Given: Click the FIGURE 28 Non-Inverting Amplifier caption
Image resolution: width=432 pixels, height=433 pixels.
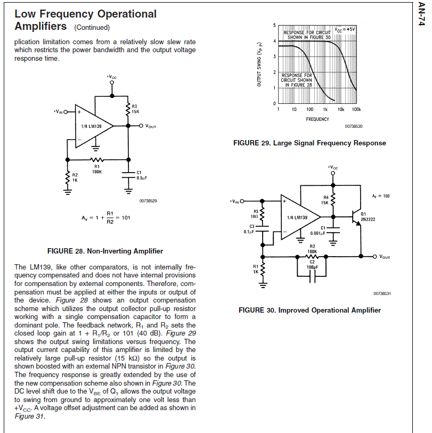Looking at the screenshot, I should tap(105, 251).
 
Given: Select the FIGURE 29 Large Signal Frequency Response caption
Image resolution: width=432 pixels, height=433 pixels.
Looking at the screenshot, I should tap(309, 143).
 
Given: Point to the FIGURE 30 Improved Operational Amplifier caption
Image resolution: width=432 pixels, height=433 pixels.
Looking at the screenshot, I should tap(309, 310).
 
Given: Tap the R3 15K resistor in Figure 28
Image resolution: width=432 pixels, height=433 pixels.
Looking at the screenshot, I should tap(128, 109).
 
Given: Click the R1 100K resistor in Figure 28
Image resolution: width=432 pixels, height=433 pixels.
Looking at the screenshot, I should tap(96, 160).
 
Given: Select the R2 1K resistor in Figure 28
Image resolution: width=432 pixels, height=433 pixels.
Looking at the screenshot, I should tap(68, 177).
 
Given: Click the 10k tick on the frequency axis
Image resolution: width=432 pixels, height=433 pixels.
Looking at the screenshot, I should tap(341, 109).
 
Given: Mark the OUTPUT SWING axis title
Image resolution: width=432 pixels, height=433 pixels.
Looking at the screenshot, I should tap(260, 67).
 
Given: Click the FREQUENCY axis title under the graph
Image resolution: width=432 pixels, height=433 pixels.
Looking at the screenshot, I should tap(317, 119).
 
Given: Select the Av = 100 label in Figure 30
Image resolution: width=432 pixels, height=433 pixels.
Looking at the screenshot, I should tap(381, 196).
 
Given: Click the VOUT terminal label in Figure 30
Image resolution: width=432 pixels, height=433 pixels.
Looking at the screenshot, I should tap(384, 257).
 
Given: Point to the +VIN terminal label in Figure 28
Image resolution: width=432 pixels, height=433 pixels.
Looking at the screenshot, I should tap(60, 112).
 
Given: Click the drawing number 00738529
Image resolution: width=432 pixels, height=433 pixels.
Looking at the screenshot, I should tap(149, 201).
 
